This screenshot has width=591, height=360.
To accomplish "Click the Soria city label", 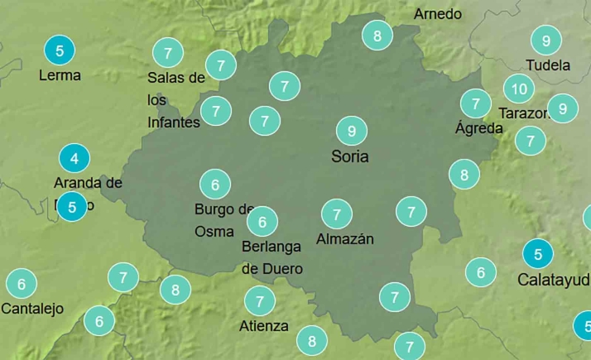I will click(349, 156).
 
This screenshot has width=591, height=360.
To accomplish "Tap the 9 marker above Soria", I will click(352, 131).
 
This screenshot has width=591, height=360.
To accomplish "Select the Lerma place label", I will click(60, 75).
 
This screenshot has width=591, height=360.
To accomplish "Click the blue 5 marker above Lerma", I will click(60, 50).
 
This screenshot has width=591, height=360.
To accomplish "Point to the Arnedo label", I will click(438, 14).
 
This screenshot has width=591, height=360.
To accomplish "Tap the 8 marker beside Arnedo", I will click(377, 36).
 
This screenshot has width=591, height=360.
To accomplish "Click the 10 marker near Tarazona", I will click(519, 89).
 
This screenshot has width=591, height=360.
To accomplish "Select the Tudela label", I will click(548, 65).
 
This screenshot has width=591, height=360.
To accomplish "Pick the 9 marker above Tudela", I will click(546, 40).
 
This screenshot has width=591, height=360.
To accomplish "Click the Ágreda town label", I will click(478, 128).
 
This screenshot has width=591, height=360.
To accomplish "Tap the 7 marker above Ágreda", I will click(476, 103).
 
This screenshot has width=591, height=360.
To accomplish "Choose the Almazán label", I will click(345, 239).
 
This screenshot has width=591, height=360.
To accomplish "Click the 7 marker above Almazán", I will click(337, 214).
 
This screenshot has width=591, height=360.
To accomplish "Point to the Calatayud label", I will click(553, 280).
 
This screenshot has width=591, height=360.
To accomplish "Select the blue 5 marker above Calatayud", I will click(539, 254).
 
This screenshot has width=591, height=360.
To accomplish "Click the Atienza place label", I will click(263, 325).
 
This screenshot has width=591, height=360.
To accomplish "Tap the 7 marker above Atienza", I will click(260, 300).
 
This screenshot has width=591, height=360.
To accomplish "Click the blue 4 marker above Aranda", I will click(74, 157).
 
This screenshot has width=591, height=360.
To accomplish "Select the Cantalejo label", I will click(32, 310).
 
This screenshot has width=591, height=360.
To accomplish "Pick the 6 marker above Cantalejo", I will click(22, 284).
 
